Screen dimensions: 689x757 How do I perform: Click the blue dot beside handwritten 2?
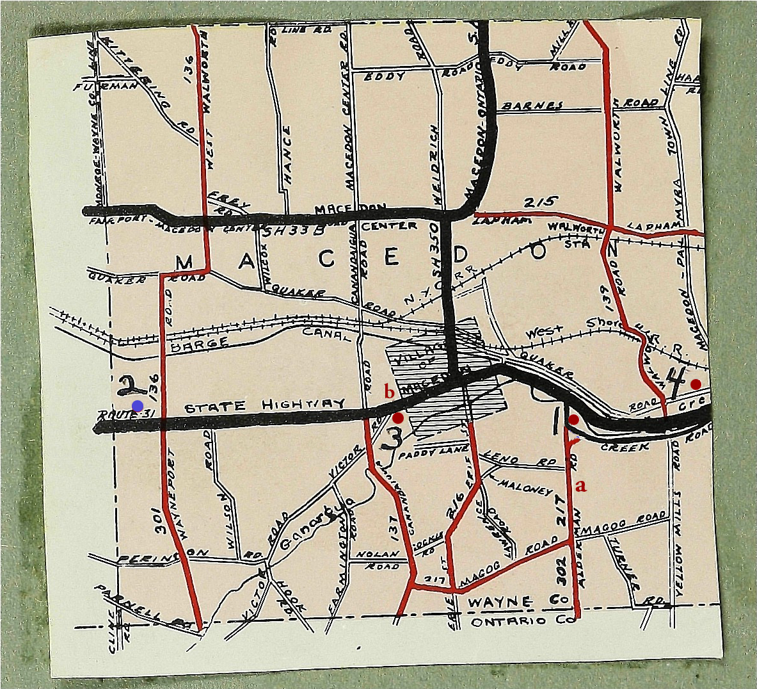[x=137, y=405]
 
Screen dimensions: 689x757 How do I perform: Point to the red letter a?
[x=581, y=485]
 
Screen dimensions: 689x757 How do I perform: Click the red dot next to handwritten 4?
[x=696, y=384]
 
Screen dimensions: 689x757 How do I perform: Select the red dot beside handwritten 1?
[x=574, y=419]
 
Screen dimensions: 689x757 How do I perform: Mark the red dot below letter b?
[x=398, y=418]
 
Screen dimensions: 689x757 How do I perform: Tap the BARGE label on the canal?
[x=200, y=343]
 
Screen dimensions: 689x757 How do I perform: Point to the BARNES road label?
[x=532, y=106]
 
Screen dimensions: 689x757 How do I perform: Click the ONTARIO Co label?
[x=509, y=622]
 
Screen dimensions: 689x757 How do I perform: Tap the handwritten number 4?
[x=675, y=383]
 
